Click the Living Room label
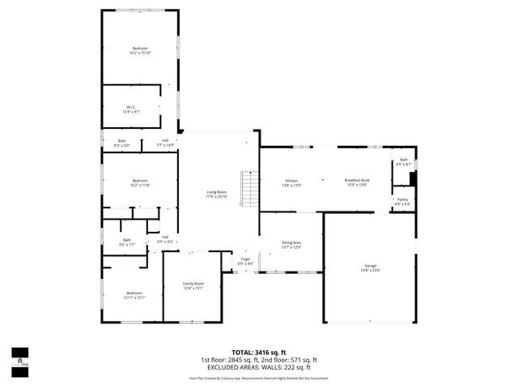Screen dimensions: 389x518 (216, 194)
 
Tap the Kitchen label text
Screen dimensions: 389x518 (291, 182)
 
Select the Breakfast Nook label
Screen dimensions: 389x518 (357, 182)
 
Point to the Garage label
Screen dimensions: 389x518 (370, 268)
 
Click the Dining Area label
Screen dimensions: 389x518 (291, 245)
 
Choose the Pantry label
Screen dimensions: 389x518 (402, 202)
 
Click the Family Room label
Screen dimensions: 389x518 (193, 285)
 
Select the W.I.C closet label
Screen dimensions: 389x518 (131, 109)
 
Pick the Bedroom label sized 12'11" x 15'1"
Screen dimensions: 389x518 (134, 295)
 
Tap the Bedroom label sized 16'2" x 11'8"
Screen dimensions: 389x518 (140, 182)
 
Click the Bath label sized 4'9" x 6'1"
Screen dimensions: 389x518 (404, 162)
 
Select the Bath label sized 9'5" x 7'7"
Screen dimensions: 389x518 (127, 242)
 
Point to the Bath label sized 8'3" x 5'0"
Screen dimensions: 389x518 (121, 143)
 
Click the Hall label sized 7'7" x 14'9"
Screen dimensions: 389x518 (165, 143)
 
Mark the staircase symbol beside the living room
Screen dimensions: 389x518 (248, 191)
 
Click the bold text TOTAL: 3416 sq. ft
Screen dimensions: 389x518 (259, 353)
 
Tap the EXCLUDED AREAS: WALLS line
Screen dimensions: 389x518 (259, 367)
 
